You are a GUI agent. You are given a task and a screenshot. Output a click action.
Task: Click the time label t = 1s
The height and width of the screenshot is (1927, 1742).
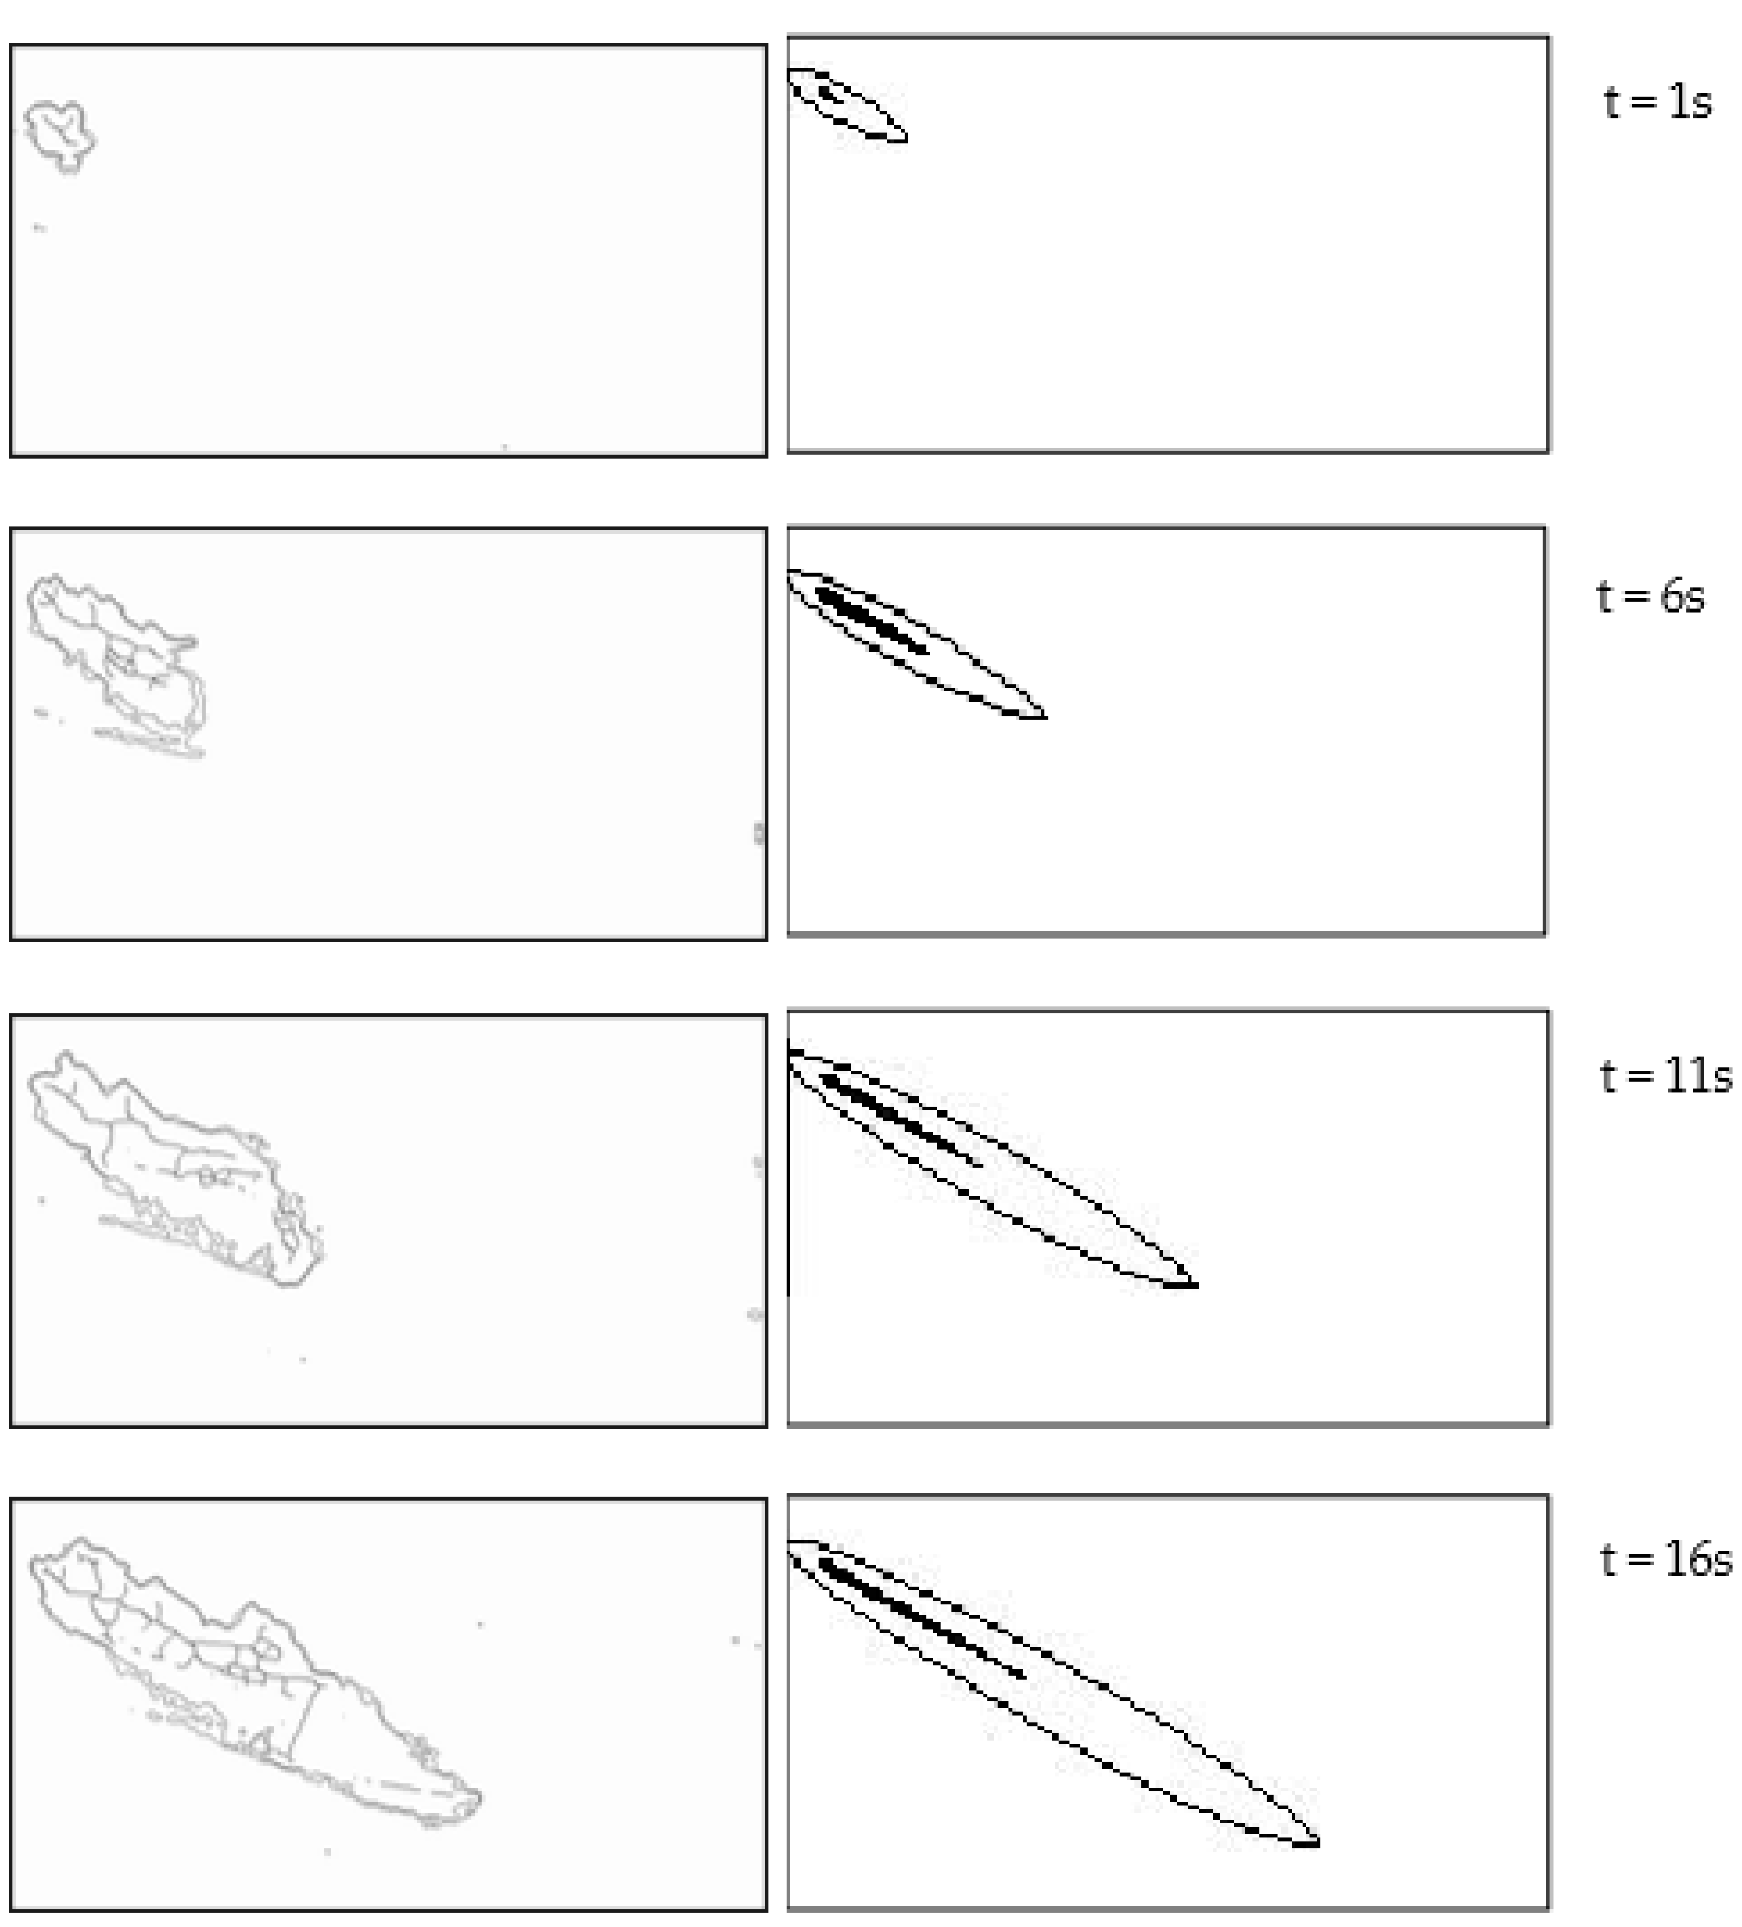1657,102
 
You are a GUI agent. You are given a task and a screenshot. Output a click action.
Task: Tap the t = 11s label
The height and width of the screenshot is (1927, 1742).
1665,1076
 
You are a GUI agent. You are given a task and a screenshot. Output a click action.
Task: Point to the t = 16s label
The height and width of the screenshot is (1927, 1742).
1665,1560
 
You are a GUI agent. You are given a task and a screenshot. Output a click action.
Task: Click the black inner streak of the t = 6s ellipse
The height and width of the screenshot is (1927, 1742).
870,621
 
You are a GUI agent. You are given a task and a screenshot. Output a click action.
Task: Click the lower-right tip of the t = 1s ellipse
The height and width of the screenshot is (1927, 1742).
907,139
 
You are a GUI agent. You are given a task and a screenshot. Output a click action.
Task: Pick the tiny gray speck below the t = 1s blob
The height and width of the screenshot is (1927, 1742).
39,228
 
